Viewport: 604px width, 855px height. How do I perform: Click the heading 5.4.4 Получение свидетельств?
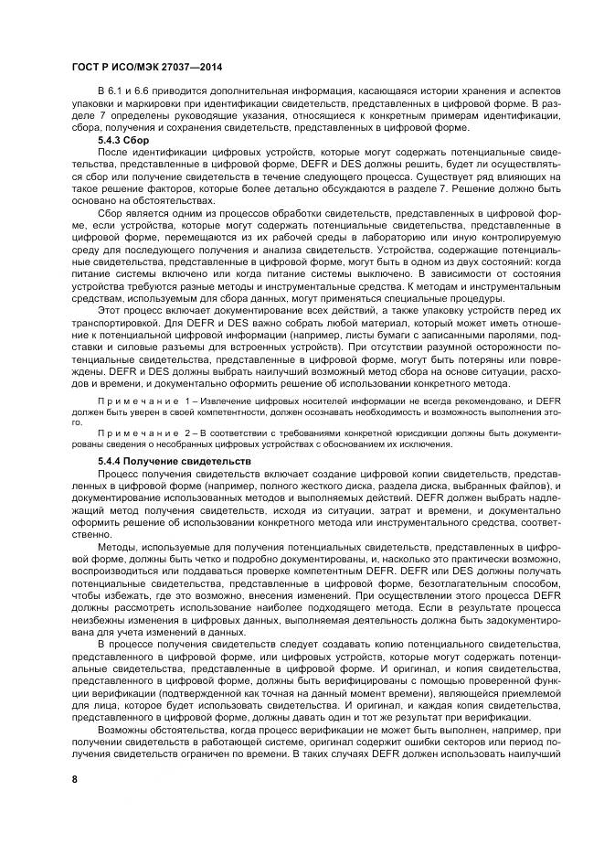pyautogui.click(x=174, y=463)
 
